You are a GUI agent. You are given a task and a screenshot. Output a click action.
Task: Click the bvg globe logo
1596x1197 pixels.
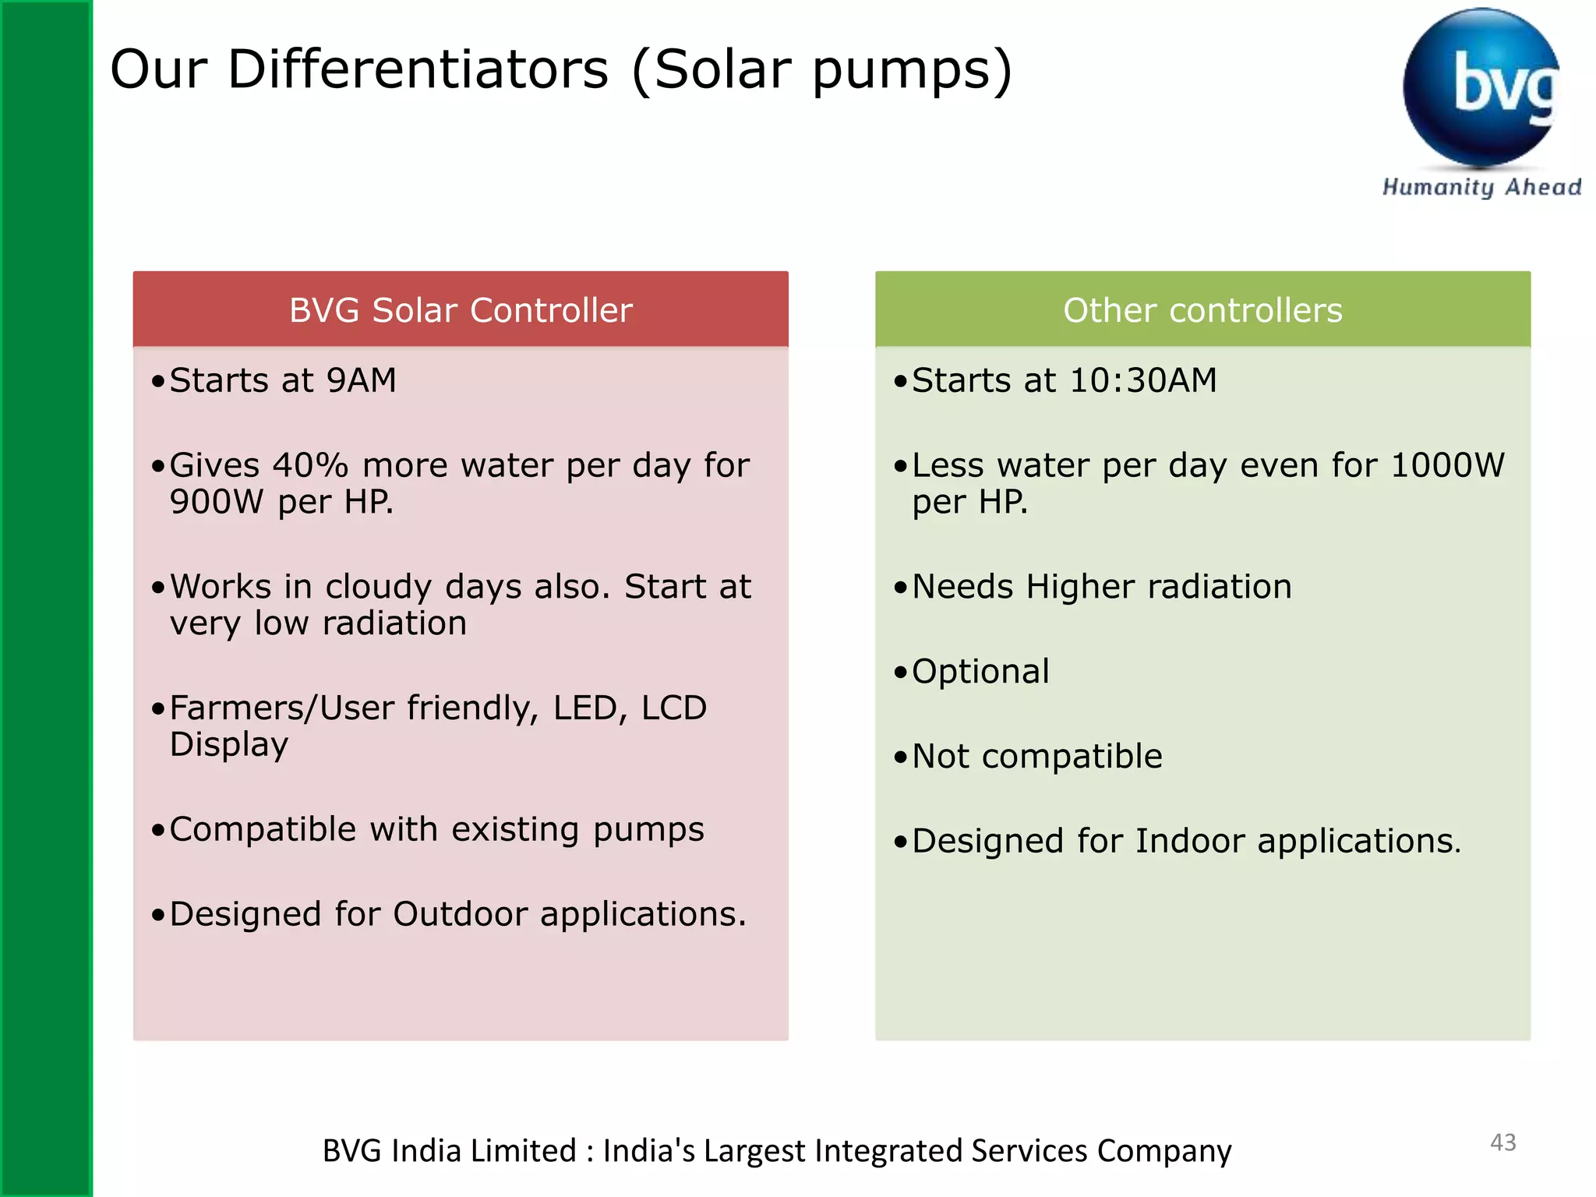1481,87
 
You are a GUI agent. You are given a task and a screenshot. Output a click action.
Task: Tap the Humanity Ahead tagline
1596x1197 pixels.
1481,187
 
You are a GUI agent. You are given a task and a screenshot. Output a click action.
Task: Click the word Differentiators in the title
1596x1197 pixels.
418,70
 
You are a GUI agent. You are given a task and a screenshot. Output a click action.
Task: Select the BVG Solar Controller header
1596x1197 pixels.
461,310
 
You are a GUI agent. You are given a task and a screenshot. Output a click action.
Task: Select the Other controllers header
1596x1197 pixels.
1202,310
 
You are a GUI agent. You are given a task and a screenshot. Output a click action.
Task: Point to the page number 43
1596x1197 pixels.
1502,1142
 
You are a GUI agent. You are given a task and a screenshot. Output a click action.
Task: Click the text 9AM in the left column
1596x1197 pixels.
362,381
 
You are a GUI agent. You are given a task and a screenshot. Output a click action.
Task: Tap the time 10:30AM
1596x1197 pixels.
1142,381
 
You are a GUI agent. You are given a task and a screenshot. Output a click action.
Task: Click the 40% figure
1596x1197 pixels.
310,466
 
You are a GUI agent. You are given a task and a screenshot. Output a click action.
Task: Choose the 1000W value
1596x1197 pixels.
1447,466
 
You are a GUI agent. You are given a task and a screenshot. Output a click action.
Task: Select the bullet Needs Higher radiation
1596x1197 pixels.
1101,587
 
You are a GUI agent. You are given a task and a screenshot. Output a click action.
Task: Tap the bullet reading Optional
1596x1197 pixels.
980,672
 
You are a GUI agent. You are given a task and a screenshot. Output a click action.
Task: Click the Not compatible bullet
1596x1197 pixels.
1036,757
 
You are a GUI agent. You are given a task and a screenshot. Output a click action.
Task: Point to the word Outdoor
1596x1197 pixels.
460,914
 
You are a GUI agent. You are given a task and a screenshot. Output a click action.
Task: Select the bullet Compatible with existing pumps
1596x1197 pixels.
436,830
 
